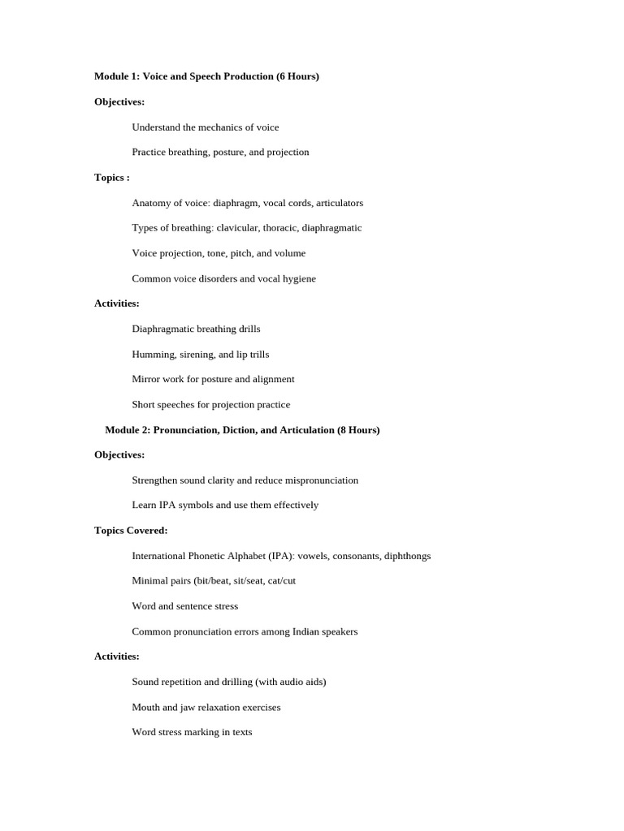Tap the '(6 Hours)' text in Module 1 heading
coord(297,76)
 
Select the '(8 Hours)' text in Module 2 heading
coord(358,430)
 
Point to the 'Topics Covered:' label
coord(131,531)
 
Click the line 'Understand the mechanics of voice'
coord(205,127)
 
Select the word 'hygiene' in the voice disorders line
coord(297,279)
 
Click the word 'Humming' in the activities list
coord(152,355)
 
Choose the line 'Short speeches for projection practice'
coord(210,405)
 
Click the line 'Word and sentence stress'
coord(184,606)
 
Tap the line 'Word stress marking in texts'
coord(192,732)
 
